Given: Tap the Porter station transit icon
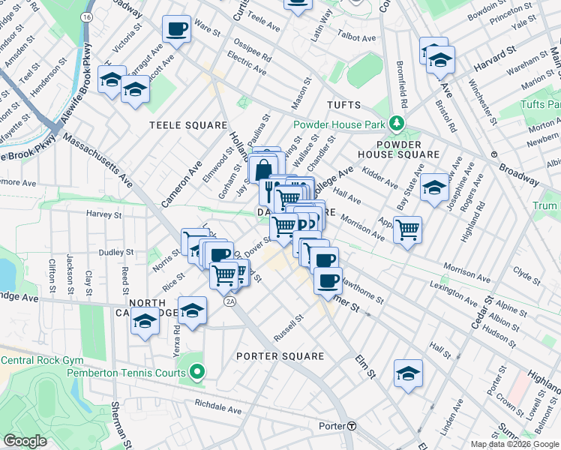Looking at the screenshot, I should pos(351,426).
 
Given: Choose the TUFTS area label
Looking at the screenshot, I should pos(343,106).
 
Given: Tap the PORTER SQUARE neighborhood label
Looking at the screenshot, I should pos(280,356).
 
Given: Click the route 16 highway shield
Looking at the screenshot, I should pos(88,16).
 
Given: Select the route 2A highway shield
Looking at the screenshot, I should pos(230,301).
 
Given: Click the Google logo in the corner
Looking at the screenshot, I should pos(25,441).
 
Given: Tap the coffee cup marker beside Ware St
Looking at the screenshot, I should pos(177,30).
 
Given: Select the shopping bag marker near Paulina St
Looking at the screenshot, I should pos(263,169).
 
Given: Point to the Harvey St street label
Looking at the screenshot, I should pos(103,214).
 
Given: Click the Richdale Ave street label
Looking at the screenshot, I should pos(217,411).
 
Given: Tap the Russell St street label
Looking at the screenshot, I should pos(289,328).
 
